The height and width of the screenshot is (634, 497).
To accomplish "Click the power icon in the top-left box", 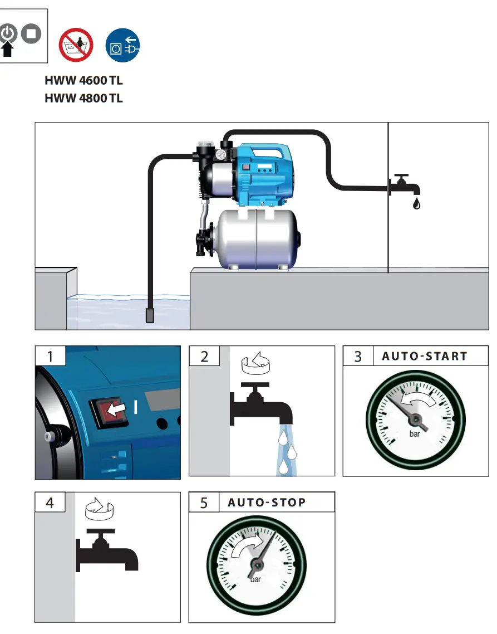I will point(8,33).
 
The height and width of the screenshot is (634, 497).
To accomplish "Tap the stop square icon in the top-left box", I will point(31,33).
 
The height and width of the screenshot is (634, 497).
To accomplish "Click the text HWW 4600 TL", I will point(83,80).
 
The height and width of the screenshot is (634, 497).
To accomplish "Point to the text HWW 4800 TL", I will point(83,99).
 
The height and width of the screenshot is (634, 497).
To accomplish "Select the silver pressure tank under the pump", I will point(256,238).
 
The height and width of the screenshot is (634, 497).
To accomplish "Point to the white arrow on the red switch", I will point(116,411).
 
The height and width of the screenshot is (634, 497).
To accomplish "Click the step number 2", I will point(204,356).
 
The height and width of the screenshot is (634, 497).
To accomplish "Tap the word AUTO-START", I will point(425,356).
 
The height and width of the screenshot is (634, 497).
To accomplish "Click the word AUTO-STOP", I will point(267,503).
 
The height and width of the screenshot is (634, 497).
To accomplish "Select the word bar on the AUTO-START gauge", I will point(415,434).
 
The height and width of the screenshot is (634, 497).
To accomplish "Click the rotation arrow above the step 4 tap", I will point(99,509).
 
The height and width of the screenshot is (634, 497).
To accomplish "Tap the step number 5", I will point(204,503).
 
